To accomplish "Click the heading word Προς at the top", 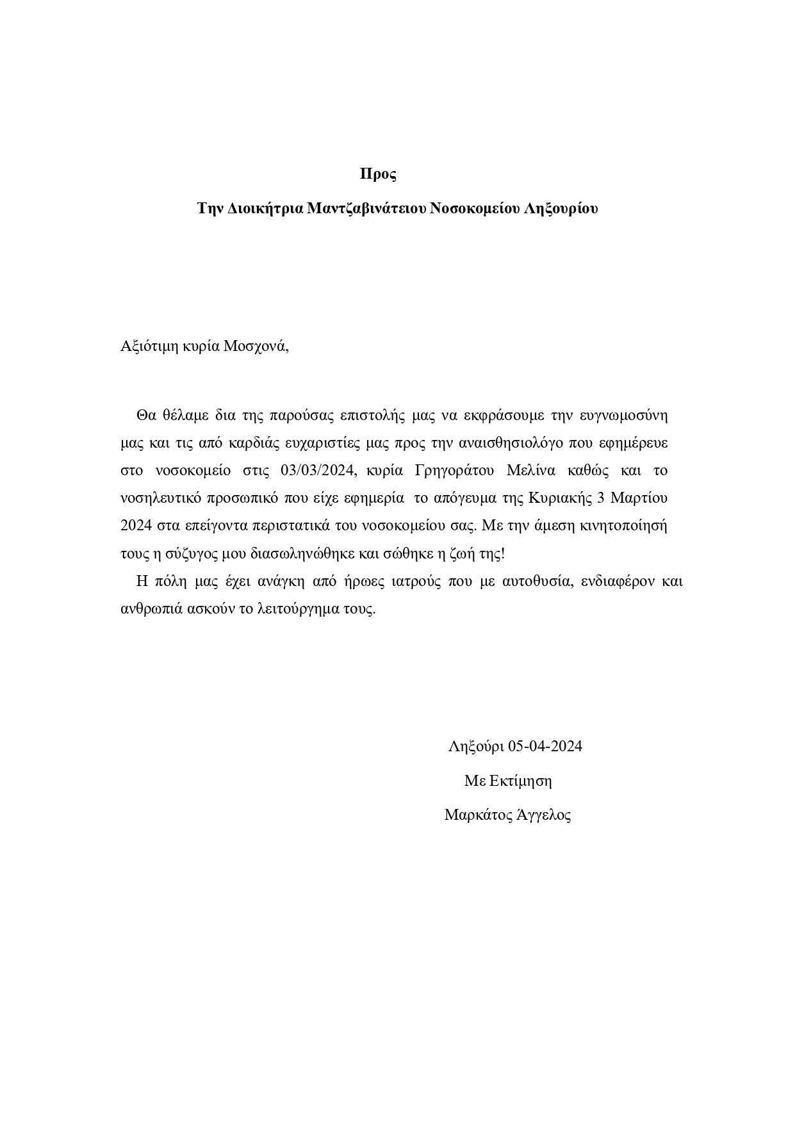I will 378,174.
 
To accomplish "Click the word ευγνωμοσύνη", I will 623,415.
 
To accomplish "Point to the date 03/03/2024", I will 317,471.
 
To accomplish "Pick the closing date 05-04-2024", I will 545,746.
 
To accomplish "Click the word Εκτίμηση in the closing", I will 520,781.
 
